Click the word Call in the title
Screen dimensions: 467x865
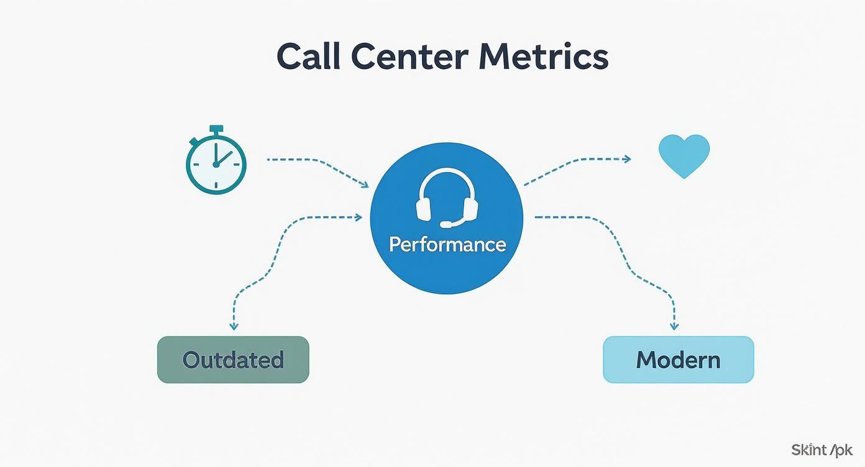click(x=308, y=57)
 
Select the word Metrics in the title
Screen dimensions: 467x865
click(x=543, y=57)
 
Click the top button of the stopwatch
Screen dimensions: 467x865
click(x=216, y=129)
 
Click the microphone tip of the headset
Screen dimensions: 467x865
click(x=446, y=224)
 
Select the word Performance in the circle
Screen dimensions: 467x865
click(x=447, y=244)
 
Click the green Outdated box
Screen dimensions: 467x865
click(x=233, y=360)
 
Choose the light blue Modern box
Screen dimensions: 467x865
click(x=678, y=360)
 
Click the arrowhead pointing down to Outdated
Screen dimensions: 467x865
click(x=234, y=326)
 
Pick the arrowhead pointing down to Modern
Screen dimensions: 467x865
click(x=674, y=326)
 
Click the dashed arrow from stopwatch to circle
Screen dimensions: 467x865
click(x=317, y=164)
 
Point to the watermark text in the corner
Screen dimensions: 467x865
click(x=822, y=450)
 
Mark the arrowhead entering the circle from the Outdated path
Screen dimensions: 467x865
click(x=359, y=217)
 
